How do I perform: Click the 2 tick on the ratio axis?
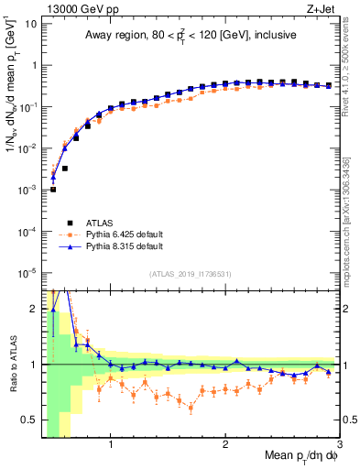33,309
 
